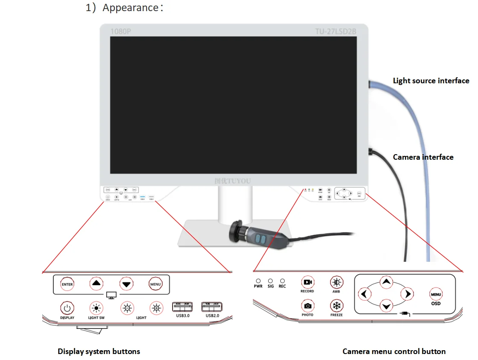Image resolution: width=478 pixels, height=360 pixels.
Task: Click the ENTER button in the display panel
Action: point(67,284)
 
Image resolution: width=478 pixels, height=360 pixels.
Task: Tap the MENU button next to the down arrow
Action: point(155,284)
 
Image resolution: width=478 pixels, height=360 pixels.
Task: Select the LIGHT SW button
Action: point(96,307)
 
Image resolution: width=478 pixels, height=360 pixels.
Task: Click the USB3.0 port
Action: point(182,307)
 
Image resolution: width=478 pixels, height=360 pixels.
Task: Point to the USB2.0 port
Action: point(212,307)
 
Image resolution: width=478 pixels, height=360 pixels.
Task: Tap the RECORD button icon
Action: point(307,282)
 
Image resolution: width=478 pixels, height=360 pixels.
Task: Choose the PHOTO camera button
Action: point(307,306)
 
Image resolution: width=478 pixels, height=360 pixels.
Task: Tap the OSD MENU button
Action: point(436,294)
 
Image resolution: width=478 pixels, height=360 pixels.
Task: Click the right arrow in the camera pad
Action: point(408,294)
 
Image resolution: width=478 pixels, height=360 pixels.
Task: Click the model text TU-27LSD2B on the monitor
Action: point(336,32)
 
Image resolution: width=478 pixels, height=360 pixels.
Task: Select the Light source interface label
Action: point(431,81)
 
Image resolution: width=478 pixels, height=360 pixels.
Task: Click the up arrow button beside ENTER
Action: point(97,283)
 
